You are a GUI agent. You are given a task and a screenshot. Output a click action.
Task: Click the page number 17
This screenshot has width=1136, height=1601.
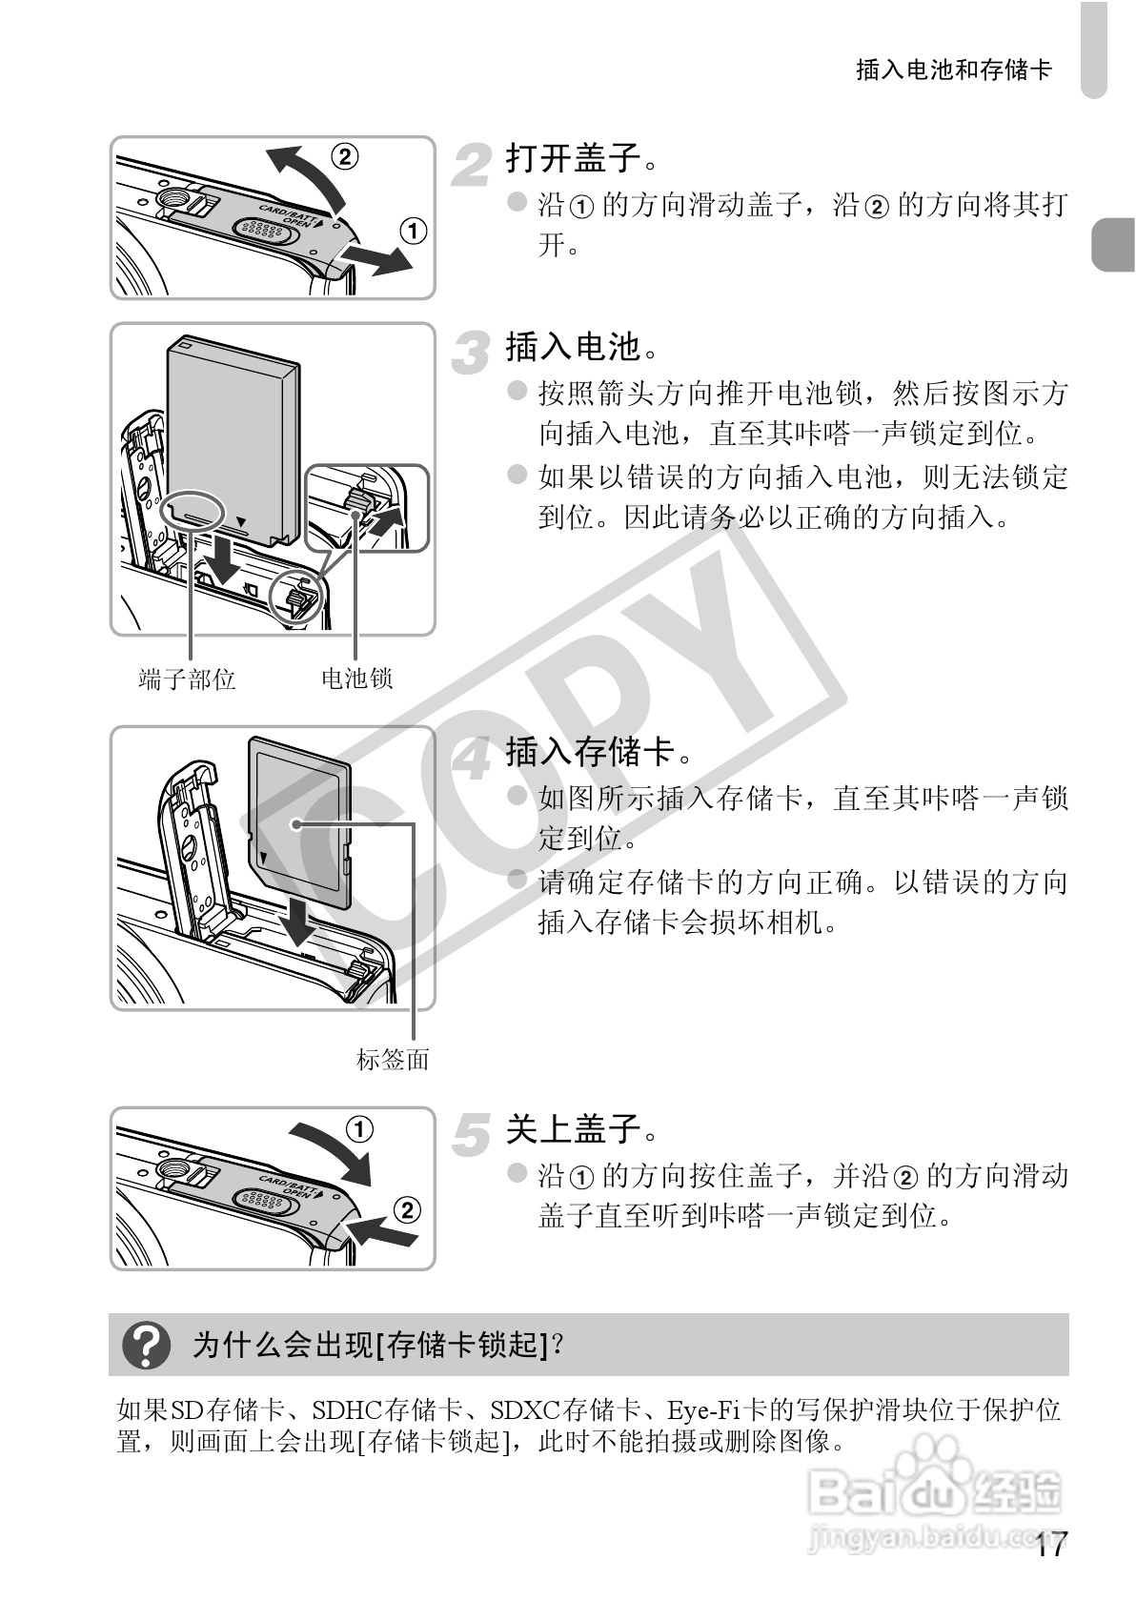(x=1051, y=1545)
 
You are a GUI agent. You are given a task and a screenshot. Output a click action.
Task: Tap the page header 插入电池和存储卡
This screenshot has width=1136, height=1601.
(x=953, y=70)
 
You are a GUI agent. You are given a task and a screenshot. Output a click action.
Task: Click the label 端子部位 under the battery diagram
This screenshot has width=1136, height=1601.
(x=187, y=679)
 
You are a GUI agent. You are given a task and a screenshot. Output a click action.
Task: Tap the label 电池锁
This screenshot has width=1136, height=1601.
(x=356, y=679)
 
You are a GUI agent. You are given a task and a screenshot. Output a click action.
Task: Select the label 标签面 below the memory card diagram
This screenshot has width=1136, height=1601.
(x=393, y=1059)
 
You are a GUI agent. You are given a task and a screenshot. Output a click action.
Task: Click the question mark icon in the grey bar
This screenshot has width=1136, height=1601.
(x=148, y=1345)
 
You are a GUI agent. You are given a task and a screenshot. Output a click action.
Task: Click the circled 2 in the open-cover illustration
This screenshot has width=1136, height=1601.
(x=344, y=155)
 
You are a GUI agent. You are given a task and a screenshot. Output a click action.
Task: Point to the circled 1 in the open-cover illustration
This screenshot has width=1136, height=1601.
(x=412, y=231)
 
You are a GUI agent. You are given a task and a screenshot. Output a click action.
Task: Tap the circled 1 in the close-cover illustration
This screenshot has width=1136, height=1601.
(x=358, y=1129)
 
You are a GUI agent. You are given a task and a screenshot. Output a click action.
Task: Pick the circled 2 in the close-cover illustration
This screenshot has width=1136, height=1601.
(x=406, y=1210)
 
